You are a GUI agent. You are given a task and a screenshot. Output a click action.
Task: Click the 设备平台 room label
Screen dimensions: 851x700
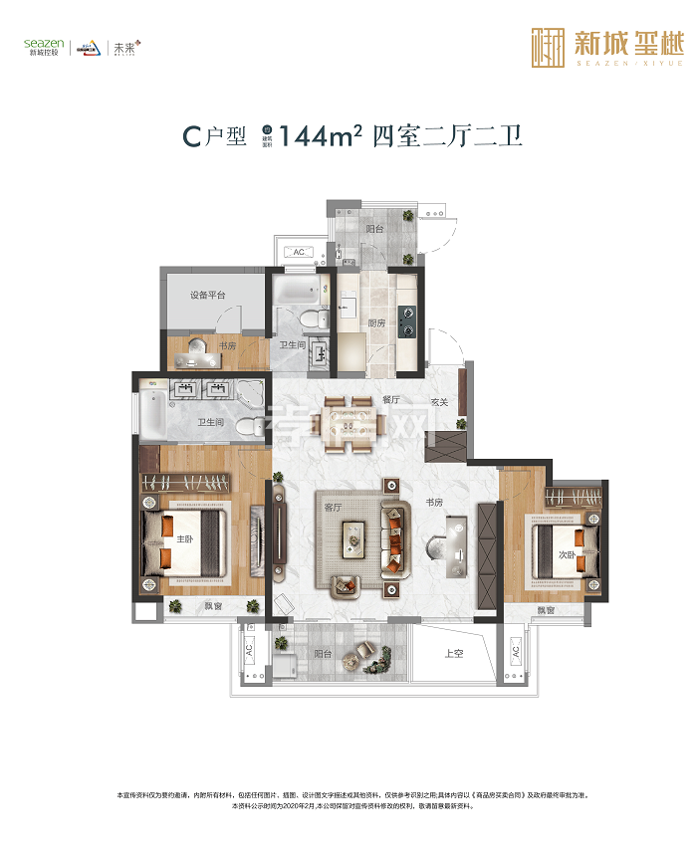coord(208,296)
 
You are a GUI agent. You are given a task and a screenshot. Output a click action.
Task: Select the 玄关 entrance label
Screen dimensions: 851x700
coord(440,401)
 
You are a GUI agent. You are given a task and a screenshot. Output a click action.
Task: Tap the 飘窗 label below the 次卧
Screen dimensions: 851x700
coord(546,609)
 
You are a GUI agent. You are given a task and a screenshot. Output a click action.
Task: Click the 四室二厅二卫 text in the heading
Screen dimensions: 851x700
coord(447,137)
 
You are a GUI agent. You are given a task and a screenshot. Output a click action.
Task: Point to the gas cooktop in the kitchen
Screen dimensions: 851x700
coord(406,322)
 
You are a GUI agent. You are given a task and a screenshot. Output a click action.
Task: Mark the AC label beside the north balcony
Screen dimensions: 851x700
coord(298,253)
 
